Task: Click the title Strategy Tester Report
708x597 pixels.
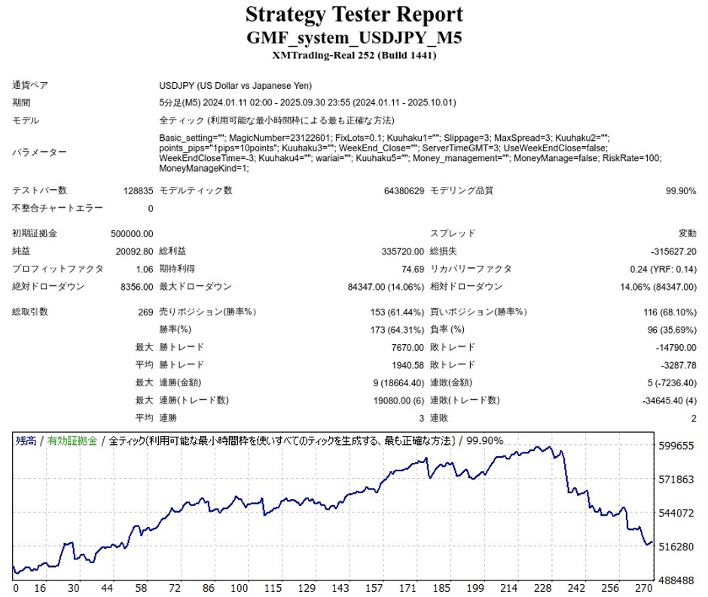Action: point(354,14)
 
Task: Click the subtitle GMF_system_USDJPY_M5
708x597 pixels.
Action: point(354,38)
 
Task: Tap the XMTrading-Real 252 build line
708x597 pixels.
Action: point(354,55)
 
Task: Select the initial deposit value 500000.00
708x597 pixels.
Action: point(132,234)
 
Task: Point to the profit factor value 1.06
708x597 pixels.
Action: point(144,269)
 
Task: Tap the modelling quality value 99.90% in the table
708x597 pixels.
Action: point(681,191)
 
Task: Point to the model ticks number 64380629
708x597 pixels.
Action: point(403,191)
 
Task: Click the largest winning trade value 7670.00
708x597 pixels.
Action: point(407,348)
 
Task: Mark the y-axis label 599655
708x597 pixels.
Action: point(676,446)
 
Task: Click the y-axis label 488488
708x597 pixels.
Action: point(676,581)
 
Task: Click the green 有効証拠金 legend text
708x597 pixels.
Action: point(72,441)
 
